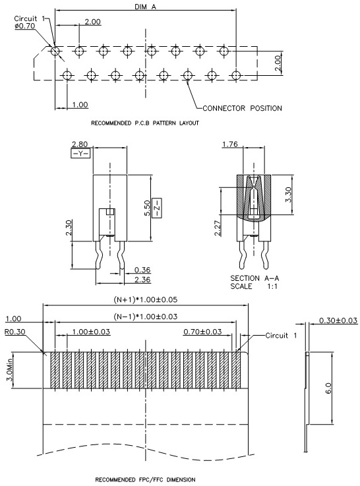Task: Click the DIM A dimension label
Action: [x=145, y=7]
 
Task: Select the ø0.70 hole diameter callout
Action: [x=25, y=26]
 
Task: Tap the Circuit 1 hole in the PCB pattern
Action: [x=55, y=51]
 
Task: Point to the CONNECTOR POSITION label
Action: [x=242, y=108]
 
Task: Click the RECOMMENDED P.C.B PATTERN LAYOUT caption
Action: [x=145, y=123]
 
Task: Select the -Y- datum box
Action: [x=80, y=154]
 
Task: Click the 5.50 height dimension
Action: [x=147, y=208]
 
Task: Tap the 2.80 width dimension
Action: [x=80, y=144]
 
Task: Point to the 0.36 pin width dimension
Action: [x=142, y=270]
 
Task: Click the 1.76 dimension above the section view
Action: [x=230, y=144]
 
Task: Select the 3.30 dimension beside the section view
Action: [x=288, y=195]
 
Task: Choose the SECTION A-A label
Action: [x=255, y=278]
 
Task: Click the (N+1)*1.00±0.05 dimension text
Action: [x=145, y=299]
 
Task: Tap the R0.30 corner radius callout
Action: [x=15, y=332]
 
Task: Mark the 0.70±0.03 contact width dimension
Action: [x=202, y=332]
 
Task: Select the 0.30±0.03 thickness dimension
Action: [x=338, y=320]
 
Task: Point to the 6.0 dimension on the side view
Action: [x=328, y=388]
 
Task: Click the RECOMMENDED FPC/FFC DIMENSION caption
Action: [x=145, y=479]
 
